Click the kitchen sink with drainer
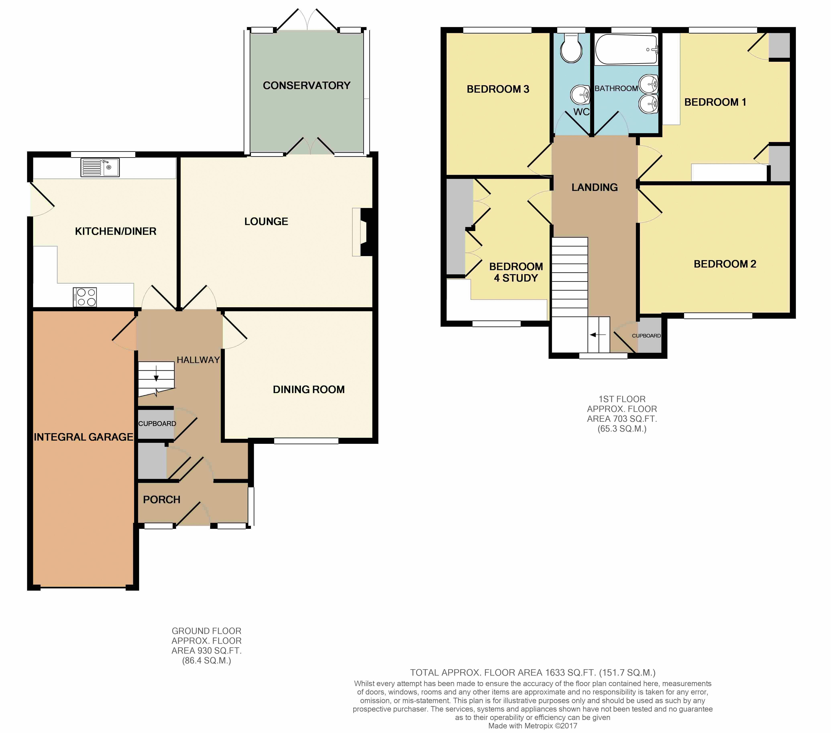pos(100,167)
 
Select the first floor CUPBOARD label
pos(646,336)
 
